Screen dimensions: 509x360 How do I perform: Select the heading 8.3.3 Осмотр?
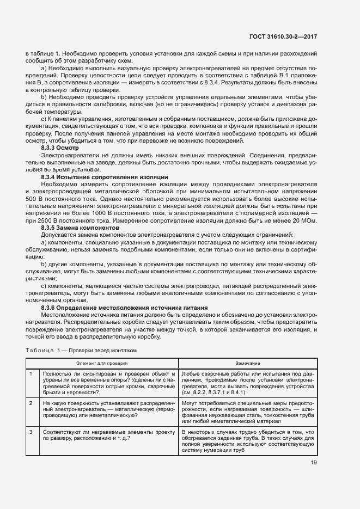pos(60,148)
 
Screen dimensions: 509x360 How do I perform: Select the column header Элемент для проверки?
pos(101,363)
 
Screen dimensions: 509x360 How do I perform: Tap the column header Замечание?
pos(248,363)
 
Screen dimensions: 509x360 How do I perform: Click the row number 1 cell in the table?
pos(31,373)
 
